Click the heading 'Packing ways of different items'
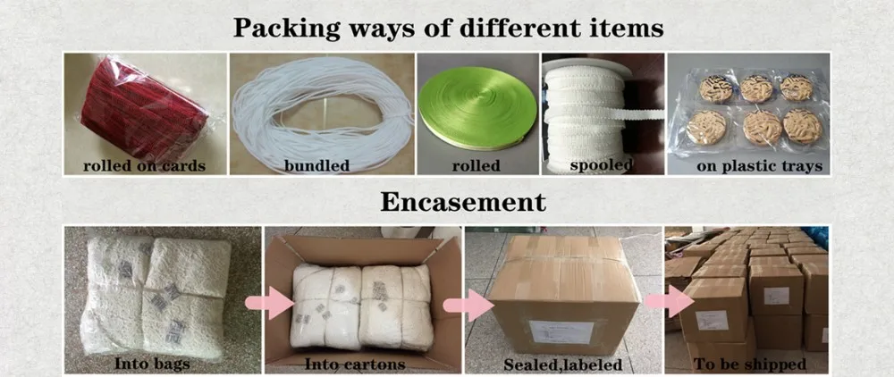[448, 27]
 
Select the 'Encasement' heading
[463, 201]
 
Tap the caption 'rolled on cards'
[144, 165]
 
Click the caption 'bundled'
[316, 165]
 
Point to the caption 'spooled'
[603, 165]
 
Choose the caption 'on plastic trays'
[746, 165]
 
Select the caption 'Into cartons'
[356, 364]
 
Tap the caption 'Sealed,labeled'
[562, 364]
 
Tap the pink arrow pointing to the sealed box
[460, 304]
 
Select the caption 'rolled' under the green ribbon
[475, 165]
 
